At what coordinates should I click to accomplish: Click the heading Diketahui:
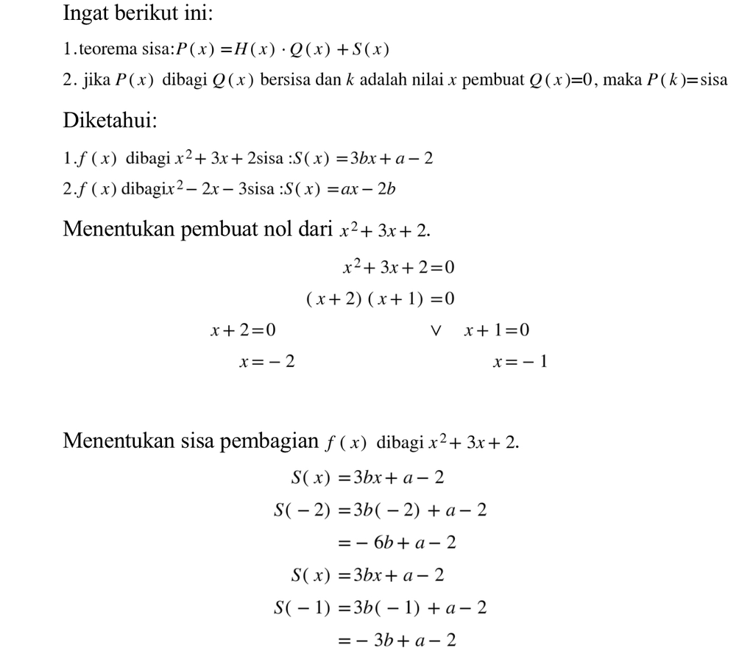coord(110,121)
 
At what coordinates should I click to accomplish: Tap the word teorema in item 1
coord(107,50)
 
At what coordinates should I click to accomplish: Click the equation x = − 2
coord(266,362)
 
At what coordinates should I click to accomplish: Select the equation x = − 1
coord(520,362)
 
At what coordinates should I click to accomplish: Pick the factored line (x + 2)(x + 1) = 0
coord(380,299)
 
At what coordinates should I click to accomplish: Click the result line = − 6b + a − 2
coord(396,544)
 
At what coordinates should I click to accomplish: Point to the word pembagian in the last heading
coord(275,441)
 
